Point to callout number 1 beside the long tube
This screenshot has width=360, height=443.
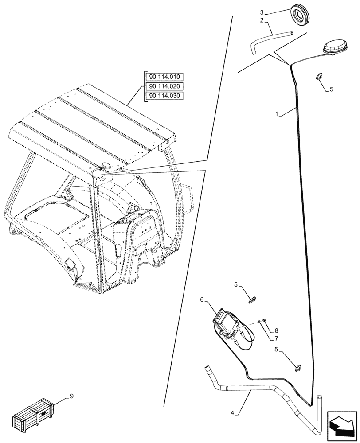point(277,114)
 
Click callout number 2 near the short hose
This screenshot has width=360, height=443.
point(262,21)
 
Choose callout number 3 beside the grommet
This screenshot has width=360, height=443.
point(262,12)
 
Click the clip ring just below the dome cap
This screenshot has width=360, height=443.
point(319,76)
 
